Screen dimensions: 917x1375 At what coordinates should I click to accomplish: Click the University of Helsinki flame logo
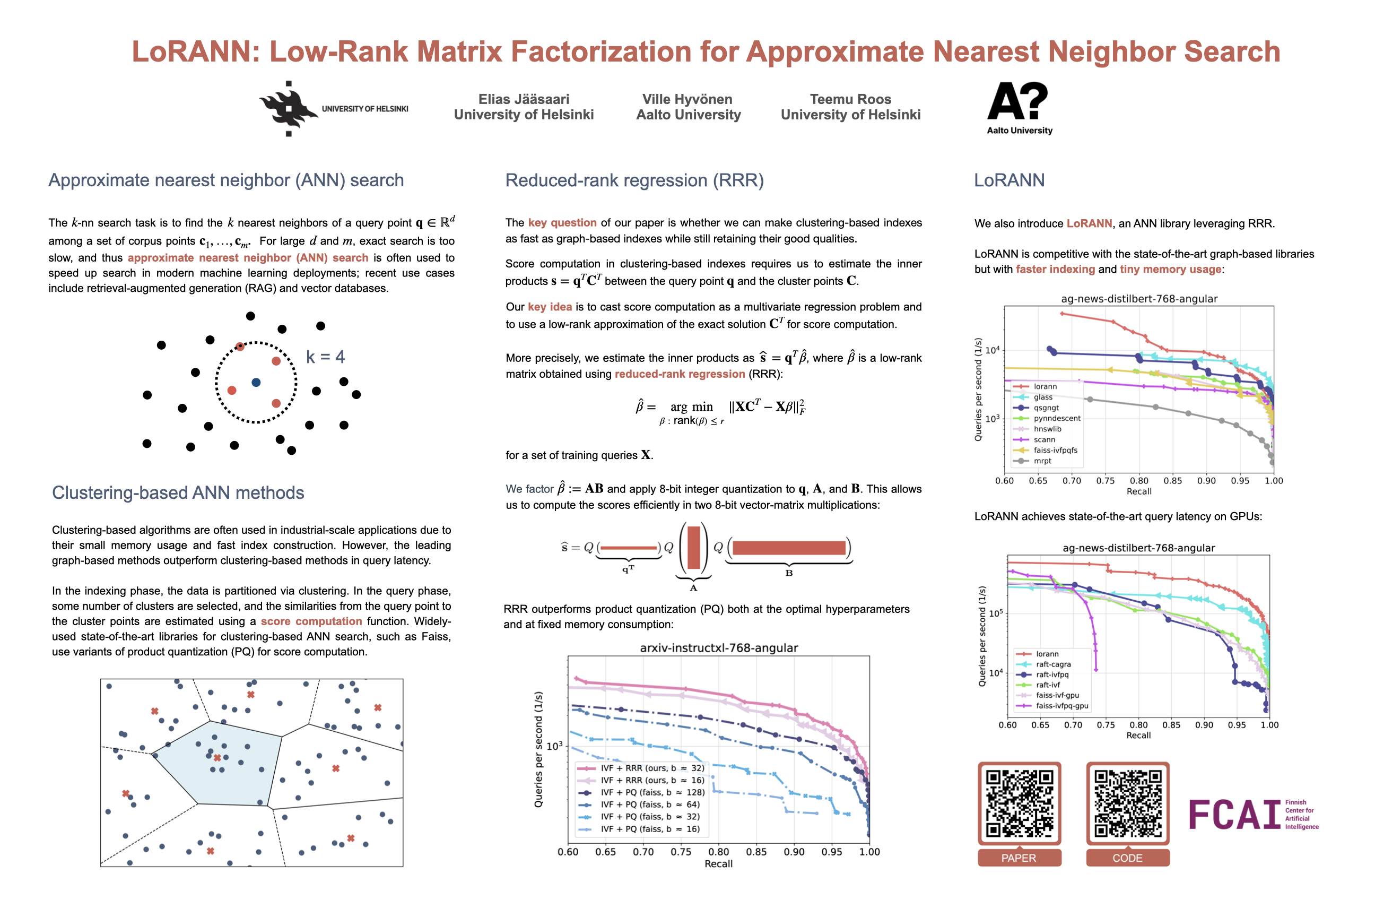tap(288, 109)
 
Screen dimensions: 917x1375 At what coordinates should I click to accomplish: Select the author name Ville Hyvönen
tap(687, 99)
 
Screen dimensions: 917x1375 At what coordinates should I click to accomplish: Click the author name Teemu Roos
tap(850, 99)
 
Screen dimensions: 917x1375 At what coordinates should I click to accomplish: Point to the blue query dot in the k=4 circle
tap(256, 383)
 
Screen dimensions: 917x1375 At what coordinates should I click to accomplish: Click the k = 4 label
tap(325, 357)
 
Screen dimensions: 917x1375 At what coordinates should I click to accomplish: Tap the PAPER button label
tap(1019, 858)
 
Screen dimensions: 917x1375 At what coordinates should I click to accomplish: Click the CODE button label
tap(1127, 858)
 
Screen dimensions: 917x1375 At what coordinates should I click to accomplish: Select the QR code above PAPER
tap(1019, 803)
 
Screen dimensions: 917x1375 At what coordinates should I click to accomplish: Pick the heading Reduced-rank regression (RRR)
tap(634, 180)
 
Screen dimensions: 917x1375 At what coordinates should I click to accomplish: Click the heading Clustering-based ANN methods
tap(178, 492)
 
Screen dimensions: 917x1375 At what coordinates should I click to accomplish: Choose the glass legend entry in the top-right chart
tap(1043, 397)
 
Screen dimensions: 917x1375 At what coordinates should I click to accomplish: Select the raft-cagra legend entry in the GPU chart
tap(1053, 664)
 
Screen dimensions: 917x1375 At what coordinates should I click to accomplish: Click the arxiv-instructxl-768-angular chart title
tap(718, 648)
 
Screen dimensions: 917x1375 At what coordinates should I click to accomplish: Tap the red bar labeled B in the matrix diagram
tap(789, 548)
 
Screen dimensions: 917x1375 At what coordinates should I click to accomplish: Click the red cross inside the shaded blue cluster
tap(217, 758)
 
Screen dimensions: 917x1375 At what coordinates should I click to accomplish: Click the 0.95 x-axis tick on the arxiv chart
tap(831, 852)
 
